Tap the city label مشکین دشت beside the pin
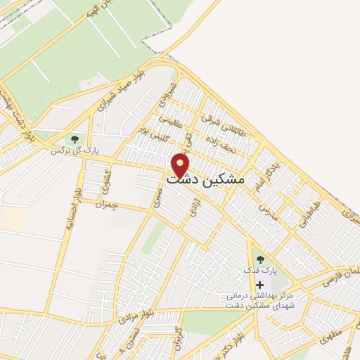[x=205, y=180]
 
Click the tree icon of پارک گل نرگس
[x=75, y=139]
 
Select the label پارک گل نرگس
[x=70, y=150]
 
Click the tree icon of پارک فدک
[x=260, y=259]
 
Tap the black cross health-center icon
[x=260, y=285]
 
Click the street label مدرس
[x=267, y=211]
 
